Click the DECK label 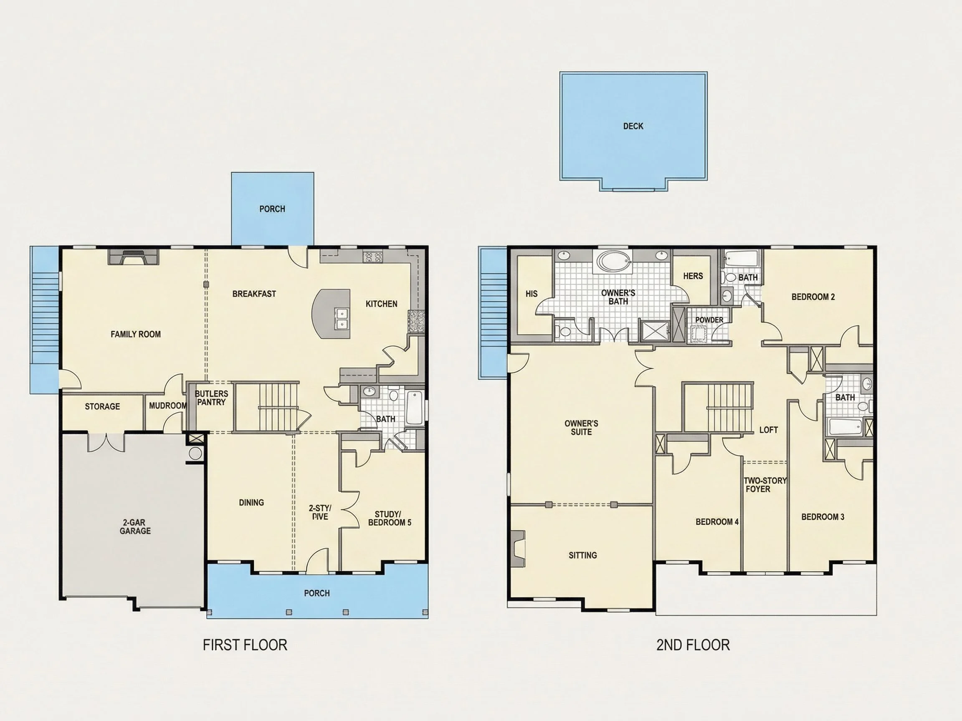[633, 126]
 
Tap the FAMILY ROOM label [136, 334]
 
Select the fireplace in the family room [133, 257]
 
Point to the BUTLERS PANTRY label [211, 398]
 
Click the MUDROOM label [168, 406]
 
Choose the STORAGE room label [102, 406]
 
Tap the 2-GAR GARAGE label [135, 526]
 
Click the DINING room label [251, 502]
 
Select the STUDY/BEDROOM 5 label [389, 519]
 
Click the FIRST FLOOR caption [245, 645]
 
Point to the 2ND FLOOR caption [693, 645]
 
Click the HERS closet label [693, 276]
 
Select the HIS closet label [532, 294]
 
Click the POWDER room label [709, 320]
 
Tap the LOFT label [768, 430]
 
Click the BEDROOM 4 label [717, 522]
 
